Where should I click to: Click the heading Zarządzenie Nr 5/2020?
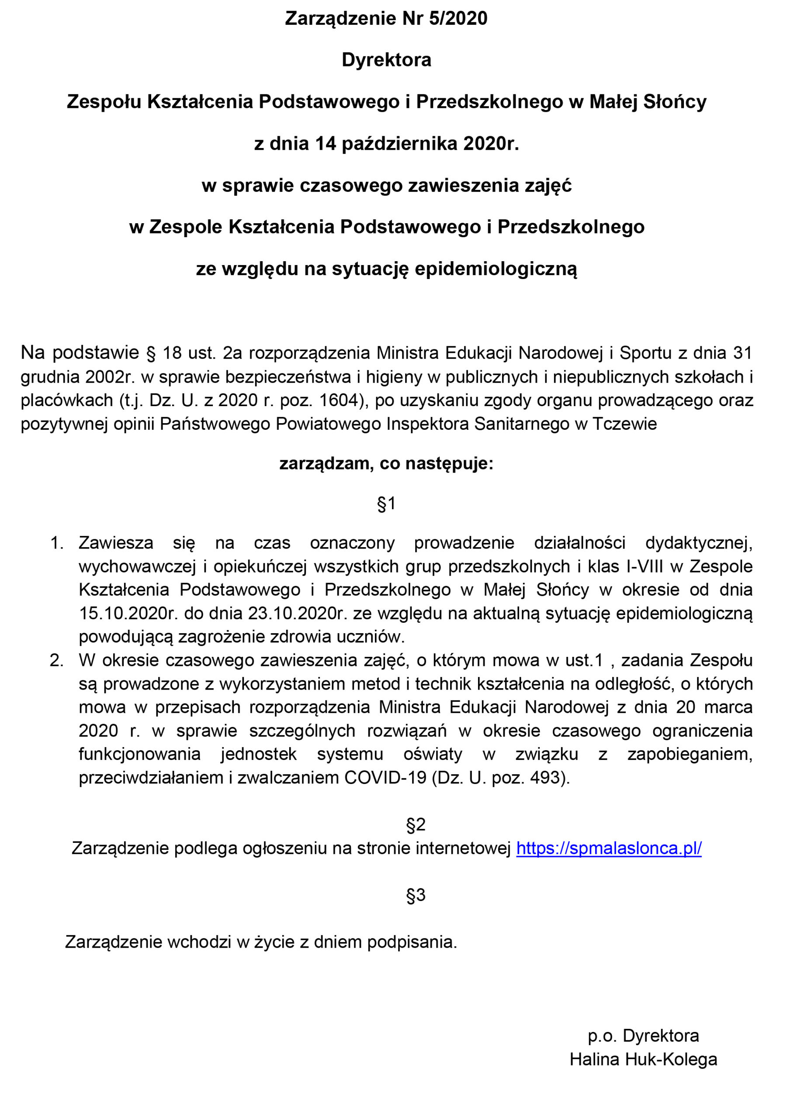click(x=386, y=19)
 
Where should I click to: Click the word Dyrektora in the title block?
click(x=386, y=60)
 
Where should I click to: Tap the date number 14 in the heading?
click(x=325, y=144)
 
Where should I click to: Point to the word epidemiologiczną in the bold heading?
click(x=496, y=269)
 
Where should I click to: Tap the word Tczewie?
click(x=624, y=424)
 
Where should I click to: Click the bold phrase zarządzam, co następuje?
click(x=386, y=463)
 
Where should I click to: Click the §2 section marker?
click(x=415, y=824)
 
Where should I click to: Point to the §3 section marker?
click(x=415, y=895)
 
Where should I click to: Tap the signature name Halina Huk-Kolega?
click(x=643, y=1059)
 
